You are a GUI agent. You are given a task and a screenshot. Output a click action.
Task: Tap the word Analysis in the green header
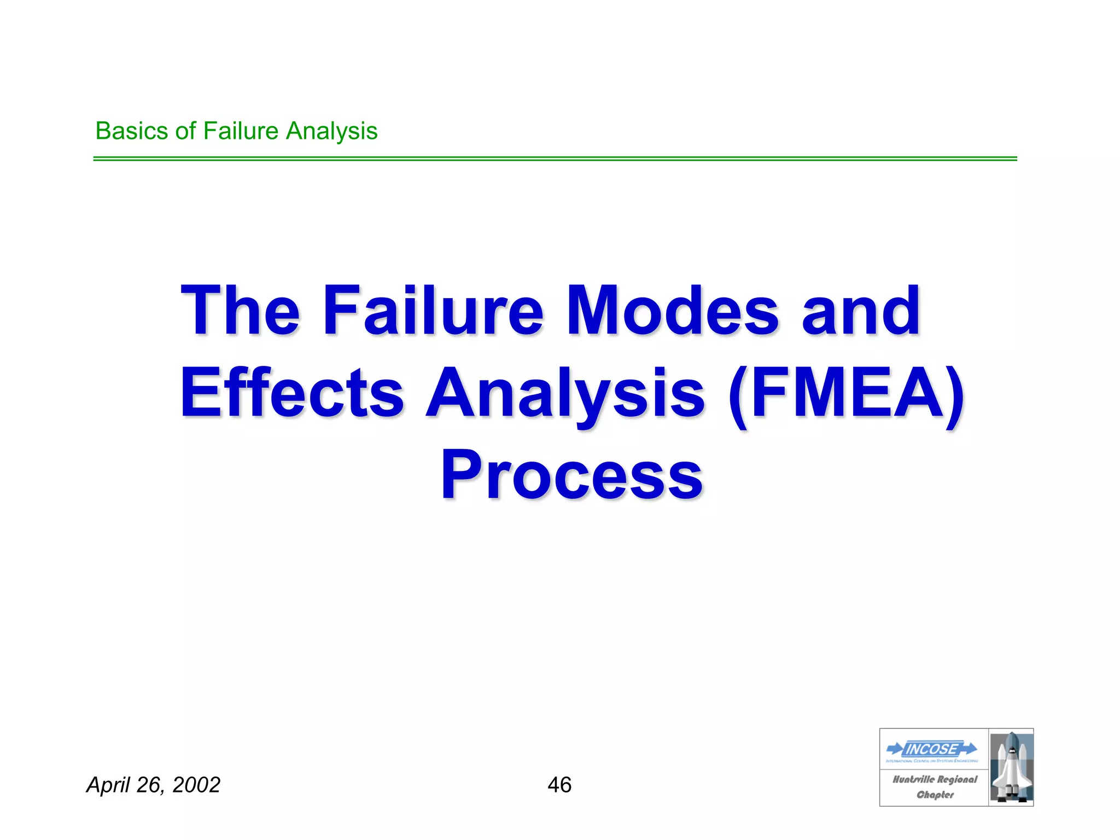click(332, 132)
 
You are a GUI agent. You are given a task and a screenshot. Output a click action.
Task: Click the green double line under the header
click(555, 159)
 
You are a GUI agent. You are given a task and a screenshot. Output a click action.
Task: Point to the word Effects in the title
click(292, 393)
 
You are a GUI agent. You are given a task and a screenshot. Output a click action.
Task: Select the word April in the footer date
click(108, 785)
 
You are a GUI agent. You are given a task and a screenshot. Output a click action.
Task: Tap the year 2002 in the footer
click(196, 785)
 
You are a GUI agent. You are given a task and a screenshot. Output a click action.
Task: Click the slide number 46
click(559, 785)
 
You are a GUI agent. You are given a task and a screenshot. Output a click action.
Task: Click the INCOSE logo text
click(931, 749)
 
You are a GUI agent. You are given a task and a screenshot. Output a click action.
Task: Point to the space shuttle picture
click(1011, 767)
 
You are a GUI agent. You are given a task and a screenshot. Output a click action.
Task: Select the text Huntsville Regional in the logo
click(934, 779)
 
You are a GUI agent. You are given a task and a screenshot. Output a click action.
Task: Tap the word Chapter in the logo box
click(935, 795)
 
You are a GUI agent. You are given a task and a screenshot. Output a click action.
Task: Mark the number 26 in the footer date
click(149, 785)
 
